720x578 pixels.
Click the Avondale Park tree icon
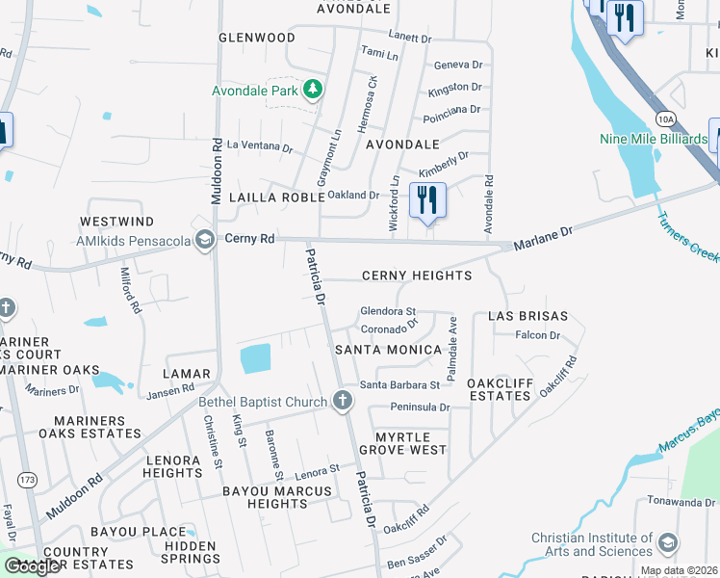coord(312,90)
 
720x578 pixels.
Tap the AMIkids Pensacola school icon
coord(204,239)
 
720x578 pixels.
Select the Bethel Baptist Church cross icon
coord(341,401)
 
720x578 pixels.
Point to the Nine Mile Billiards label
coord(653,139)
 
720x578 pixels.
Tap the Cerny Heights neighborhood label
coord(417,276)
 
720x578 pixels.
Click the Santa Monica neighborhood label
coord(387,350)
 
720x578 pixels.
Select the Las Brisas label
coord(528,316)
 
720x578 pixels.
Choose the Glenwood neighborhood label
coord(257,38)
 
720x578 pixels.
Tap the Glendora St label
coord(387,311)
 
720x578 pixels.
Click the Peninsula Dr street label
coord(418,407)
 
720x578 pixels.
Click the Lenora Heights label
coord(172,466)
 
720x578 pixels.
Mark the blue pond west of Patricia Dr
coord(255,358)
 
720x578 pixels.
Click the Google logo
coord(32,566)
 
